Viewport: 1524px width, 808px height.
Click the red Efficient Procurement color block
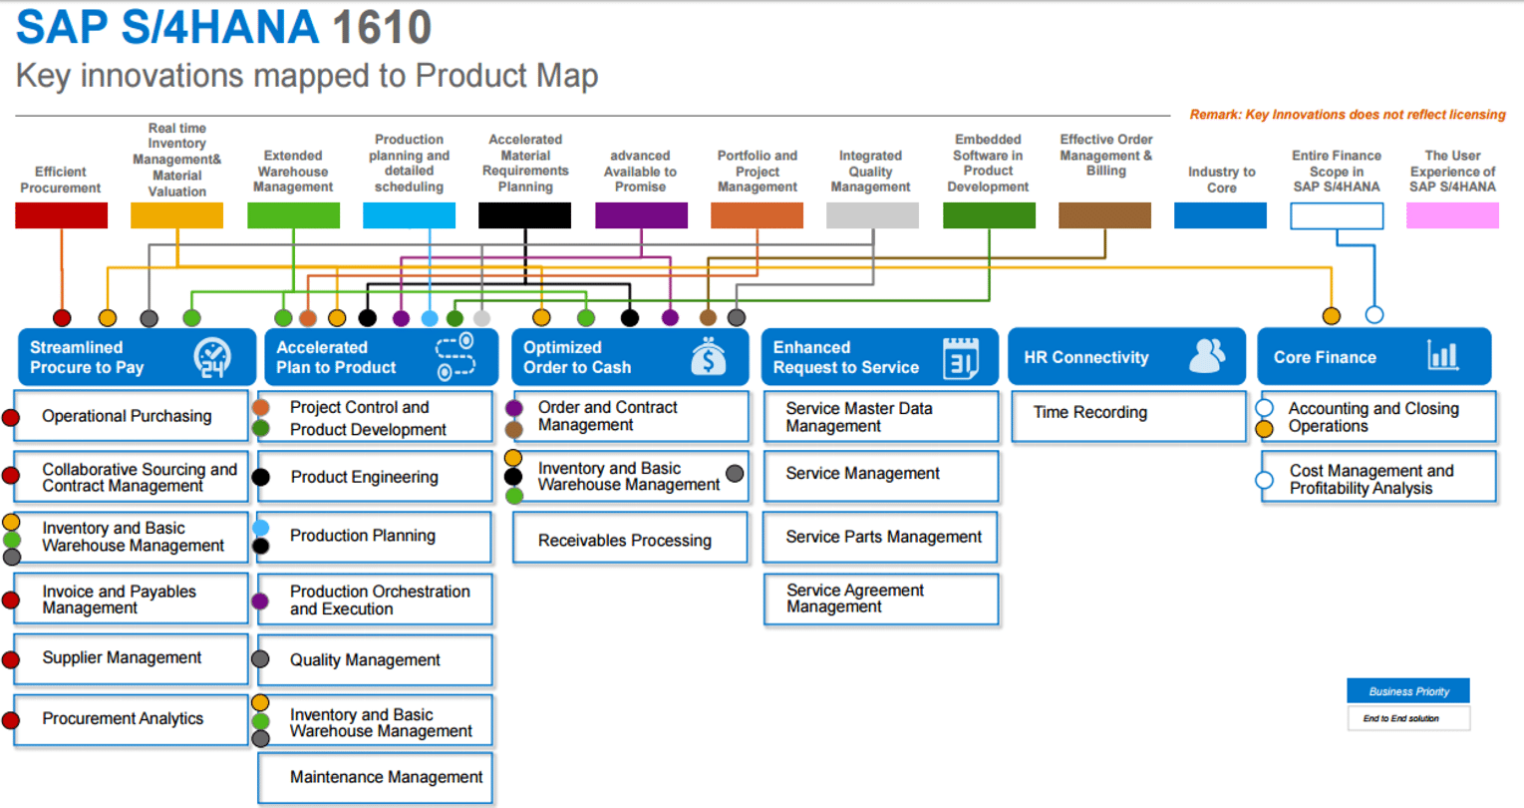pos(61,215)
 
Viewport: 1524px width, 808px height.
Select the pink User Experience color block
pos(1451,215)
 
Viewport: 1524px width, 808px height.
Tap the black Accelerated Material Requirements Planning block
pos(524,215)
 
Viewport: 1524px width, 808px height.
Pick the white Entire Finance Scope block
pos(1336,215)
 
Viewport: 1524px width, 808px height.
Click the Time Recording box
pos(1127,414)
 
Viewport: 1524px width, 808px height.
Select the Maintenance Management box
pos(376,777)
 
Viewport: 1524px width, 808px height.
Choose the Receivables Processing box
pos(630,540)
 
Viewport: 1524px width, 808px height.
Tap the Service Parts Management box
pos(881,537)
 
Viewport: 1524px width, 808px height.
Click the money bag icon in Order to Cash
pos(708,357)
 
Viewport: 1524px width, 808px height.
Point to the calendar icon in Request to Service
pos(960,357)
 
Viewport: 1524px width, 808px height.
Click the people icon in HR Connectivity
pos(1207,356)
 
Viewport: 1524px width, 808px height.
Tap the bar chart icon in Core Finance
pos(1442,356)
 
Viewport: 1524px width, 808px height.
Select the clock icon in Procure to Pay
pos(212,357)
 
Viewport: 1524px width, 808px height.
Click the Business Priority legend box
pos(1407,691)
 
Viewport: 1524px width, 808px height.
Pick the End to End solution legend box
pos(1407,718)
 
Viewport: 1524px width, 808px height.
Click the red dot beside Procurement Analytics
pos(11,720)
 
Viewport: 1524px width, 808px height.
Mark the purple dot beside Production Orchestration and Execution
pos(260,601)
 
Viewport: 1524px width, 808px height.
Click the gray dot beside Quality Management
pos(260,659)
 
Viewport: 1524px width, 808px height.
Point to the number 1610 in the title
pos(382,28)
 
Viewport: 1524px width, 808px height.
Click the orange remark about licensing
pos(1347,115)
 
